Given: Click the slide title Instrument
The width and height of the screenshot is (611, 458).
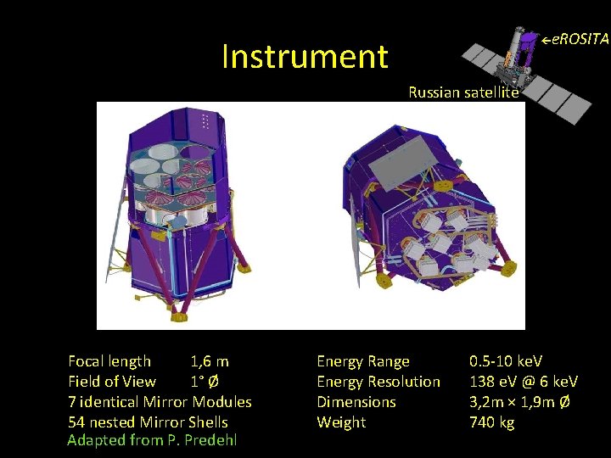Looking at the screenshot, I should tap(305, 57).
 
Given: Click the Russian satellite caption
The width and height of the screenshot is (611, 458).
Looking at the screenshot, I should tap(462, 92).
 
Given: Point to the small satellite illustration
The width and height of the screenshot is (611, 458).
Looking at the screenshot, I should tap(526, 72).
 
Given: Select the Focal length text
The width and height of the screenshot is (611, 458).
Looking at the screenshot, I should tap(109, 361).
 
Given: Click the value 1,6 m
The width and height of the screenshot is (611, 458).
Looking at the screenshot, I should tap(210, 361).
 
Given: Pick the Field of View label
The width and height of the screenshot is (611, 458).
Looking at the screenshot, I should tap(112, 382).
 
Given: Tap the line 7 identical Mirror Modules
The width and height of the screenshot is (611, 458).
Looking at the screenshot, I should tap(160, 402).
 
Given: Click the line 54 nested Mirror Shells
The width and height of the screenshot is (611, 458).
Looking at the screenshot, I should tap(148, 422).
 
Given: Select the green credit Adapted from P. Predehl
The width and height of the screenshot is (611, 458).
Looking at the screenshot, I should tap(152, 440).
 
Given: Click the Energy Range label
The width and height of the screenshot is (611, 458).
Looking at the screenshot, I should tap(363, 361).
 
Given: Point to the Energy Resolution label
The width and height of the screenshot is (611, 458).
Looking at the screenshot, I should tap(378, 382).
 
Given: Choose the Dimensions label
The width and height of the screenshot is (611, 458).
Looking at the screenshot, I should tap(356, 402).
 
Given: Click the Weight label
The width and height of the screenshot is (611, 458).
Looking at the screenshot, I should tap(341, 422).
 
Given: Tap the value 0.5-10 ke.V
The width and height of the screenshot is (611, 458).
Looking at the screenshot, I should tap(506, 361).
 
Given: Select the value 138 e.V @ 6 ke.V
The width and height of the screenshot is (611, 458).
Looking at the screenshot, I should tap(524, 382).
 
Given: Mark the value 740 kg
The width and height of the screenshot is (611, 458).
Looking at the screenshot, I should tap(492, 422).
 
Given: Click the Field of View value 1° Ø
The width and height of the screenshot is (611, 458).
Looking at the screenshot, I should tap(207, 382).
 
